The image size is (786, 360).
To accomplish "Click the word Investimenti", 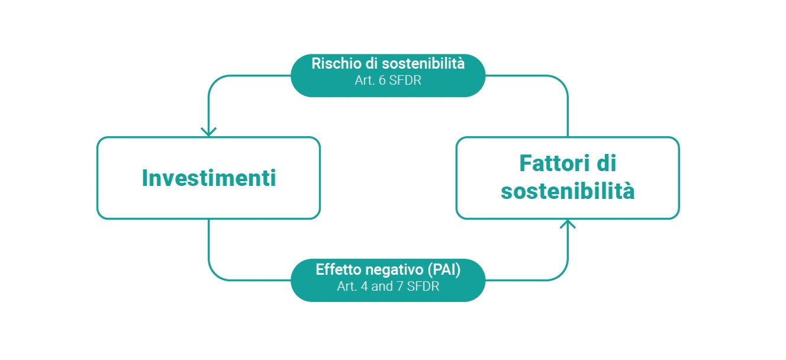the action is pos(209,178).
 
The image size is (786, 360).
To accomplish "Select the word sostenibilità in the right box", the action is pos(568,191).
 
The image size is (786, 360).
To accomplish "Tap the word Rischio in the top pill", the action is pos(337,63).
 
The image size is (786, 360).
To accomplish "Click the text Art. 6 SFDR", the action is pos(388,81).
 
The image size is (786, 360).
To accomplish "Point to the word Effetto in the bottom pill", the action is pos(339,269).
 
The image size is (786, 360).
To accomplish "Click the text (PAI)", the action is pos(444,270).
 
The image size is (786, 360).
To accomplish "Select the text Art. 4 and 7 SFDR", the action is pos(388,287).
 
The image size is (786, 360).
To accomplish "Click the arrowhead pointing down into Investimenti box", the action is pos(208,131).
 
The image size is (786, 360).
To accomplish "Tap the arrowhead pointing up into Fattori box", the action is pos(568,224).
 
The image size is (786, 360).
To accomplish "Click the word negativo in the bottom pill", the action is pos(394,270).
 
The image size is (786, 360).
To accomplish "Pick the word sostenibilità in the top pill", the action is pos(423,63).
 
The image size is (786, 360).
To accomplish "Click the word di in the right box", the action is pos(606,163).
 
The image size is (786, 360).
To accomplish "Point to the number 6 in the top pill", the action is pos(382,81).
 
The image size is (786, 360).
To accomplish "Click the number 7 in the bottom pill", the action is pos(400,287).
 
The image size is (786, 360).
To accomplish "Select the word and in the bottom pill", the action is pos(382,287).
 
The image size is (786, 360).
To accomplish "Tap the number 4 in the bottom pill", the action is pos(364,287).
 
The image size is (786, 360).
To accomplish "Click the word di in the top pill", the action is pos(372,63).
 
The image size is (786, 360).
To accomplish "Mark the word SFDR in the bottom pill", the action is pos(423,287).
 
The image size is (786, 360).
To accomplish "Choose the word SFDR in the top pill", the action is pos(405,81).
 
